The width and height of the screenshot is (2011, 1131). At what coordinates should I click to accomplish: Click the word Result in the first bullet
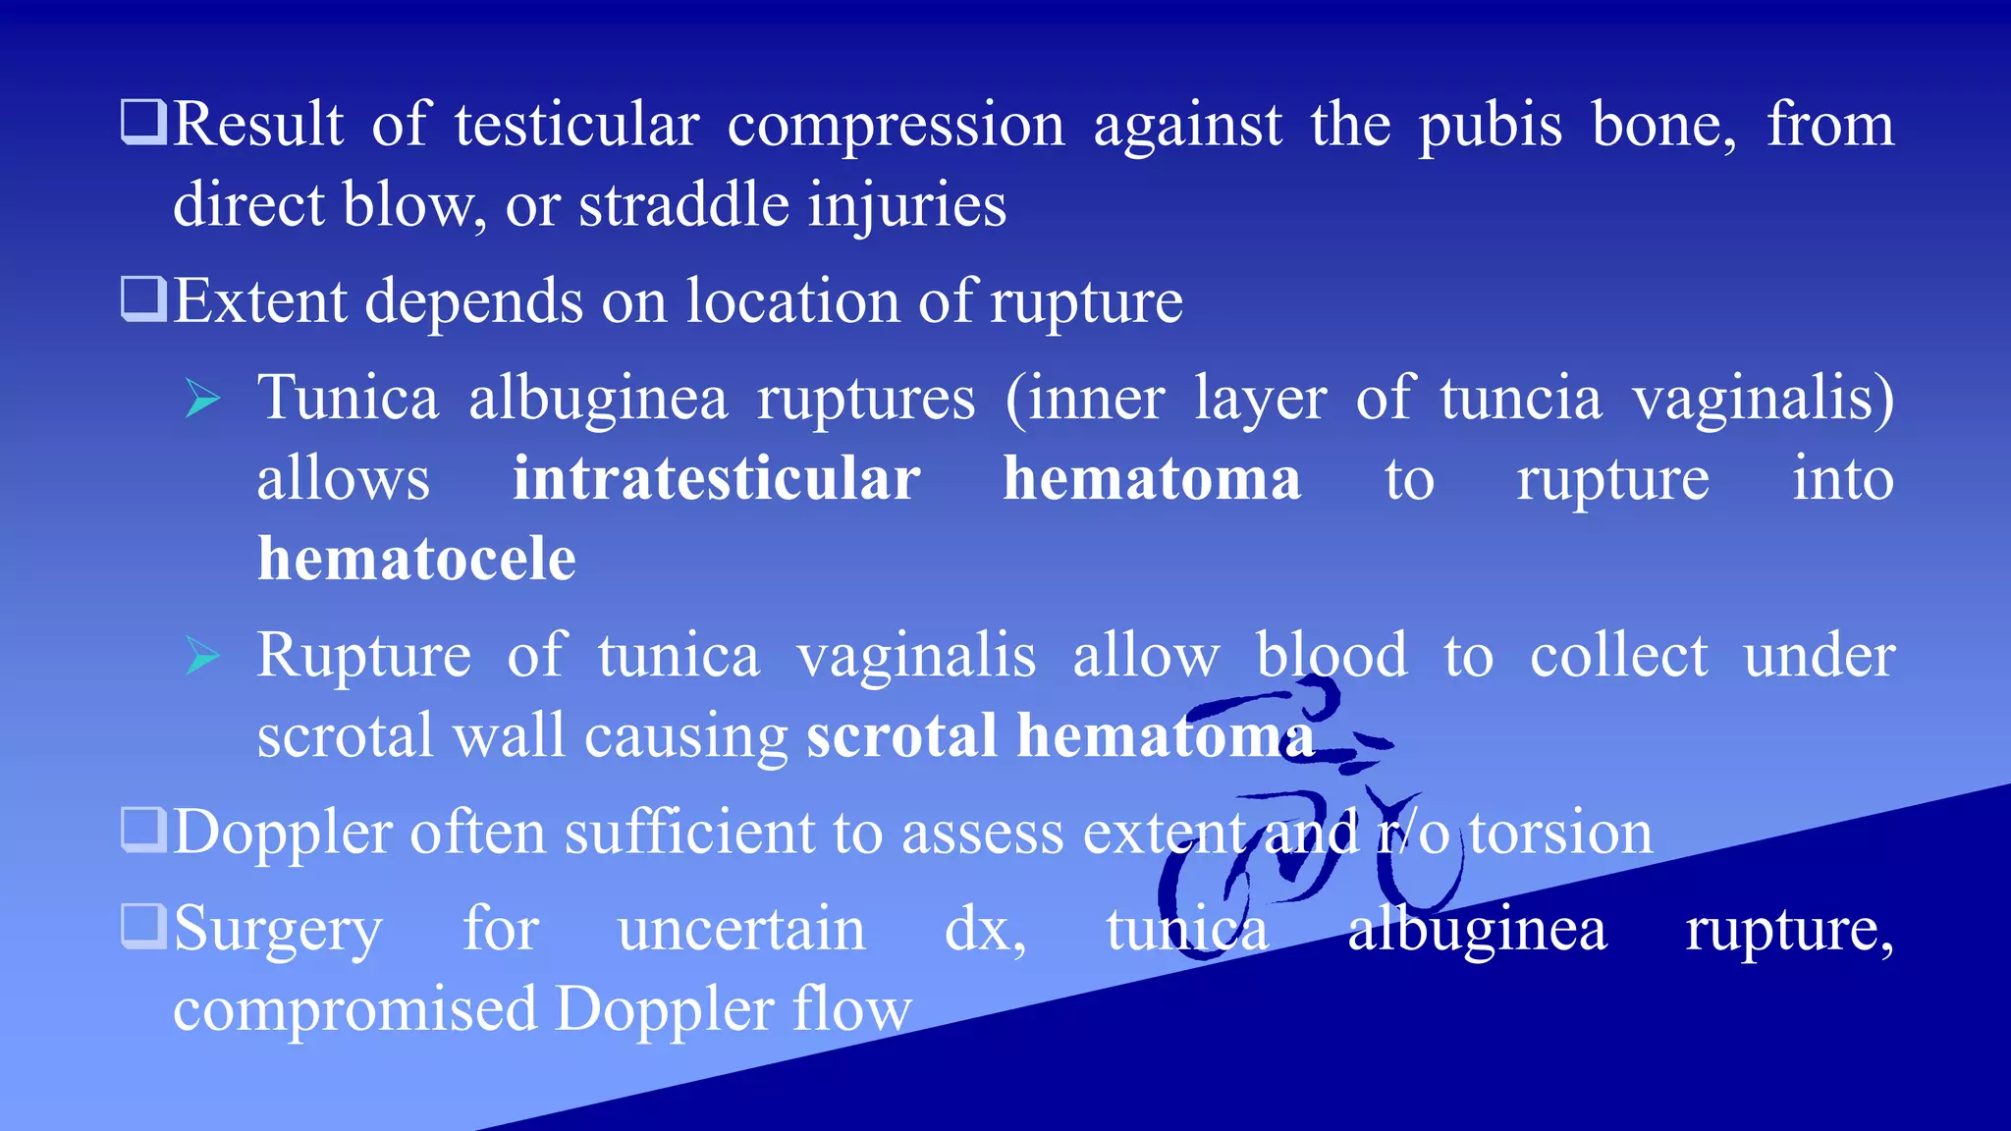pyautogui.click(x=258, y=126)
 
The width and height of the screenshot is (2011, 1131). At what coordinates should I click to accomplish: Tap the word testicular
pyautogui.click(x=576, y=126)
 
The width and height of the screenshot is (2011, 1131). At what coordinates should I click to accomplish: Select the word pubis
pyautogui.click(x=1490, y=128)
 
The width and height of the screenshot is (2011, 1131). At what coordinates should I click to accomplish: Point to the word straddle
pyautogui.click(x=683, y=205)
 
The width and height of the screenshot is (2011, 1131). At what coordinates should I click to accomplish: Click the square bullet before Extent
pyautogui.click(x=143, y=298)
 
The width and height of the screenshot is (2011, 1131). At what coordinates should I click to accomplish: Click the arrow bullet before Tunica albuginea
pyautogui.click(x=202, y=400)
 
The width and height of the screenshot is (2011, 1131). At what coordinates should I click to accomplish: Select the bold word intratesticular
pyautogui.click(x=716, y=479)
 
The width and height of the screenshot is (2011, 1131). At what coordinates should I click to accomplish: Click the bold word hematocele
pyautogui.click(x=416, y=560)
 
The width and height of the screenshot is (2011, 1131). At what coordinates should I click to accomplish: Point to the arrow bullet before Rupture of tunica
pyautogui.click(x=202, y=656)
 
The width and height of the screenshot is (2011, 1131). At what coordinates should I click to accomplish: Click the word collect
pyautogui.click(x=1618, y=656)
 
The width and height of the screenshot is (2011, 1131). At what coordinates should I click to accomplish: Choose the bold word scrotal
pyautogui.click(x=901, y=736)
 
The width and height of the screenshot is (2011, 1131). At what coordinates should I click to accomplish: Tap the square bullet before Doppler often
pyautogui.click(x=143, y=830)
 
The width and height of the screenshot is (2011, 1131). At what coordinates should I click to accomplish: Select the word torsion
pyautogui.click(x=1560, y=833)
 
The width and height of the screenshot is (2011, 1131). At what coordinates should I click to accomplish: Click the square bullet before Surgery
pyautogui.click(x=143, y=926)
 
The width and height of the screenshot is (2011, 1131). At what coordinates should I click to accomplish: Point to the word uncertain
pyautogui.click(x=741, y=929)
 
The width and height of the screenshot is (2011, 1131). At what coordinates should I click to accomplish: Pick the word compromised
pyautogui.click(x=354, y=1010)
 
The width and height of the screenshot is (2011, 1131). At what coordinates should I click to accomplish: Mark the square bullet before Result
pyautogui.click(x=143, y=123)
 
